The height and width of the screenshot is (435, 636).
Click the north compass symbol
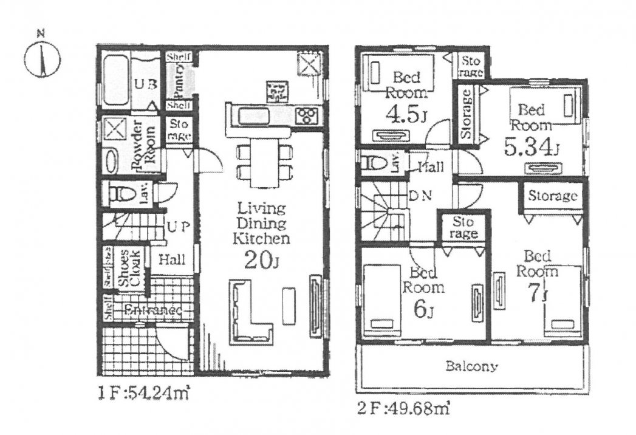[x=42, y=59]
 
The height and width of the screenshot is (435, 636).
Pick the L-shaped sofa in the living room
[x=248, y=310]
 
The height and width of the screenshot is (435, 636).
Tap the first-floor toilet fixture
[x=123, y=194]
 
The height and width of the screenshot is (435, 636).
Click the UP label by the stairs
[x=179, y=227]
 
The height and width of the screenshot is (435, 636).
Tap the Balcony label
[x=471, y=367]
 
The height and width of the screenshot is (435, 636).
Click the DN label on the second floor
[x=420, y=196]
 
